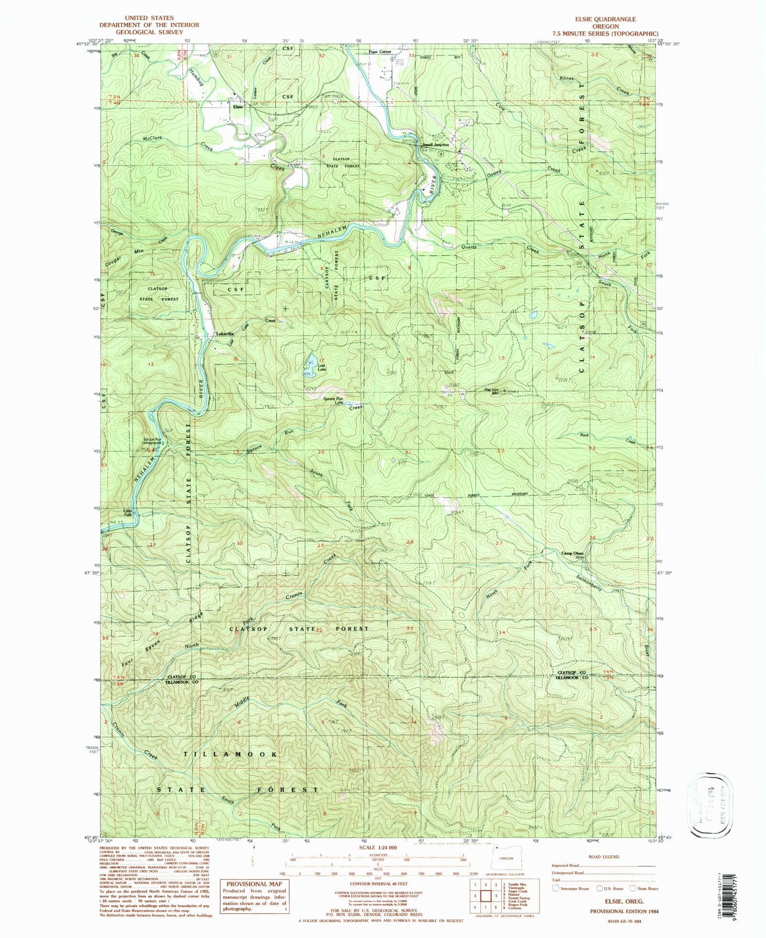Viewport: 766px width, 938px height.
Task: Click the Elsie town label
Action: pyautogui.click(x=237, y=107)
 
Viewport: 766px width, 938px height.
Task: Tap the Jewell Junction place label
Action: pyautogui.click(x=435, y=145)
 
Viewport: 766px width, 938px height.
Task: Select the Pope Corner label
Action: pyautogui.click(x=380, y=52)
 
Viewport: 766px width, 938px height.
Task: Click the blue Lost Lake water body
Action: pyautogui.click(x=311, y=360)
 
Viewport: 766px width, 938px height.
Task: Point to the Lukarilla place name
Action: pyautogui.click(x=225, y=334)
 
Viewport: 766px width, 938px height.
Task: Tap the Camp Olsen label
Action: pyautogui.click(x=572, y=554)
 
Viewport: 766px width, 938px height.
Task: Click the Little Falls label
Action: pyautogui.click(x=128, y=512)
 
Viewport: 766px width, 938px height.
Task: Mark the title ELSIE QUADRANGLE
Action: pyautogui.click(x=608, y=19)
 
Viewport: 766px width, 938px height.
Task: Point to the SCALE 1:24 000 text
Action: pyautogui.click(x=378, y=847)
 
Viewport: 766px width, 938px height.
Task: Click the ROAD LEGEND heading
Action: pyautogui.click(x=605, y=857)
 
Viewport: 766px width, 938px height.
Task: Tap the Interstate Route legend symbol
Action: pyautogui.click(x=556, y=888)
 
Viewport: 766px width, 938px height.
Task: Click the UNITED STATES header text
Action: pyautogui.click(x=149, y=18)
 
